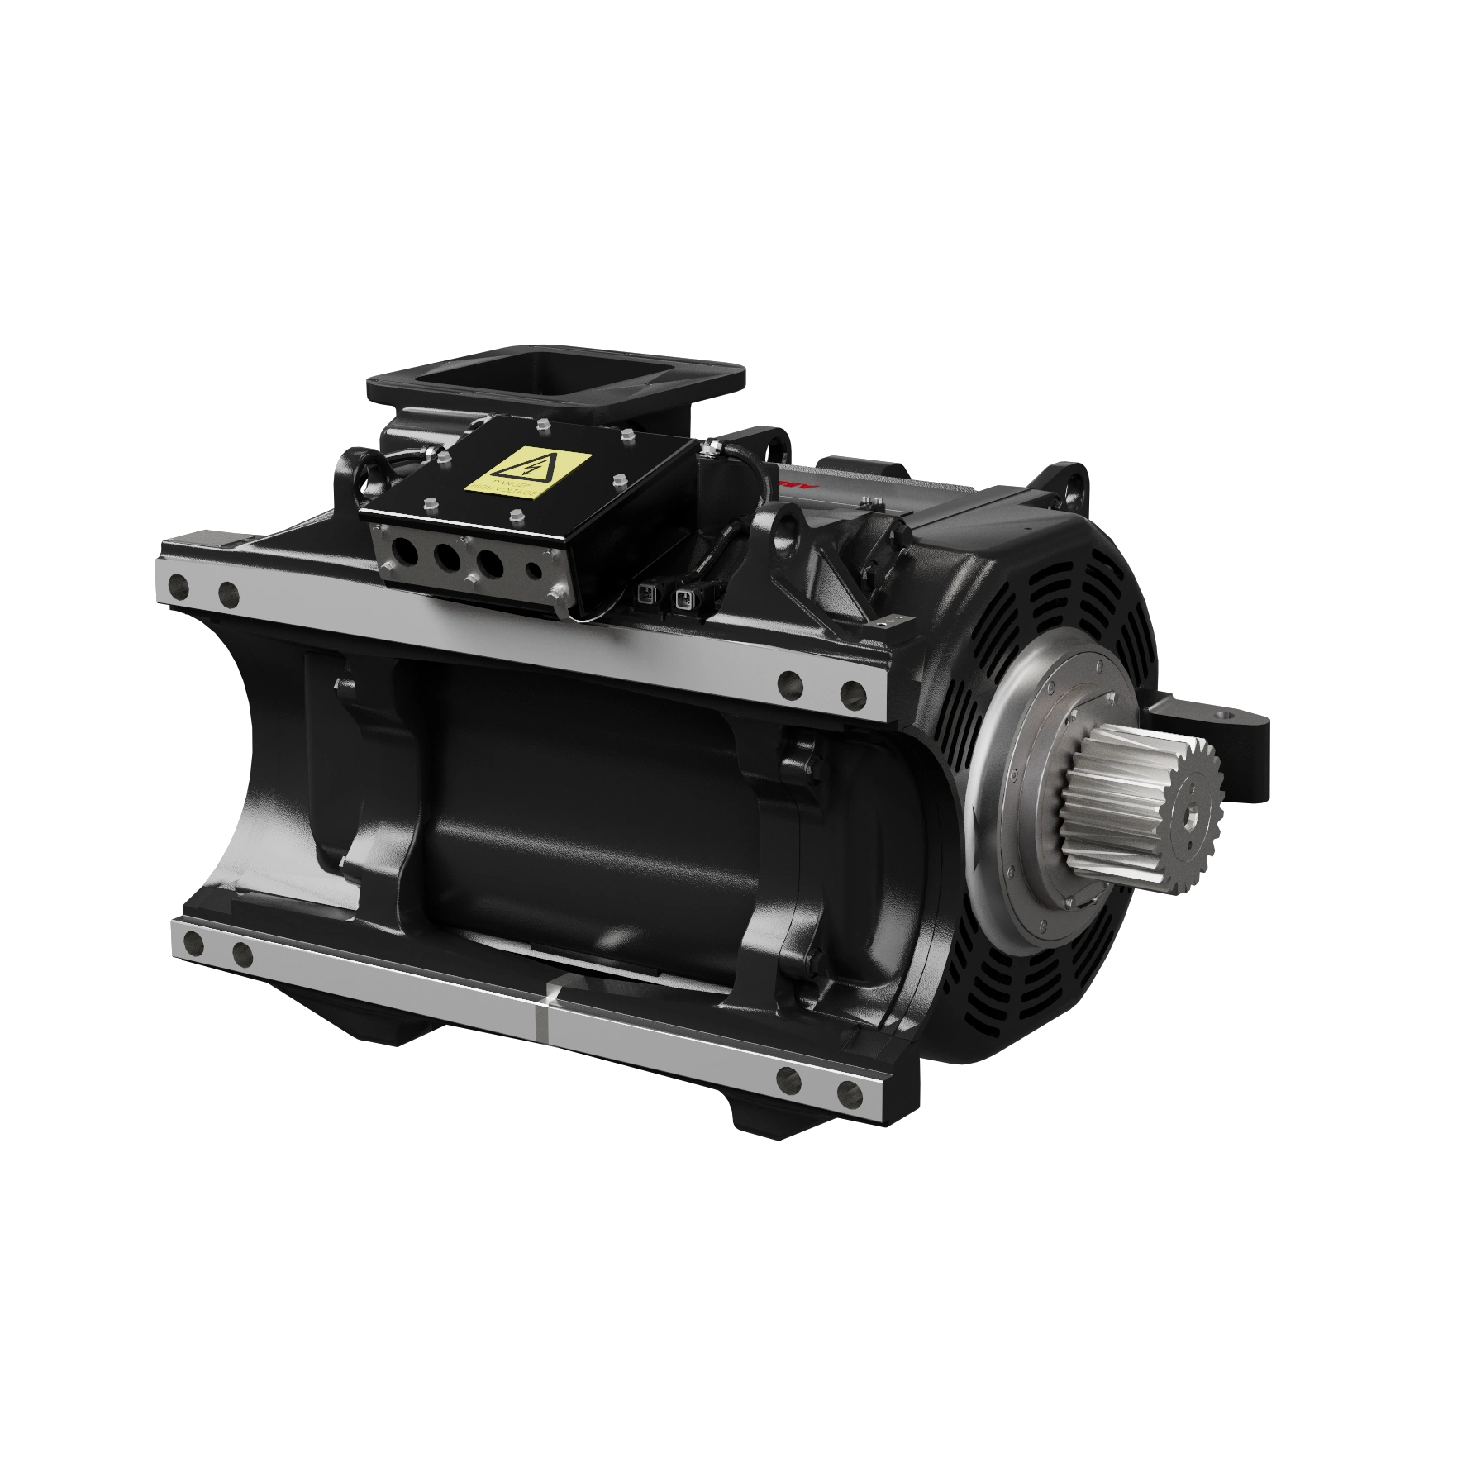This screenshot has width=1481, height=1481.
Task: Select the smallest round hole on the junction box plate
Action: click(534, 570)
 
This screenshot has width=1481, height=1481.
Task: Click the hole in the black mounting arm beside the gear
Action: click(1221, 712)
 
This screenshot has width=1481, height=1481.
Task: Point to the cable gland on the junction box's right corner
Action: click(707, 450)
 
